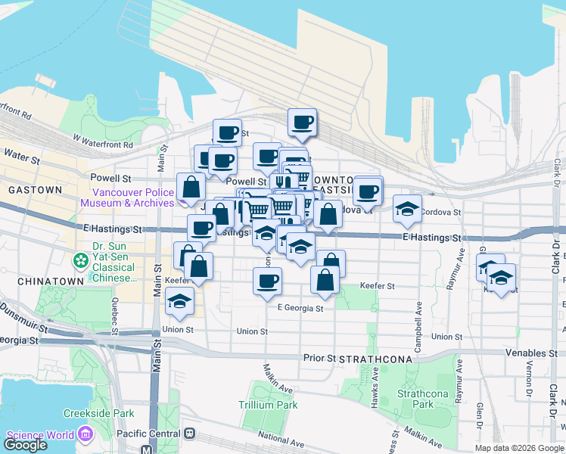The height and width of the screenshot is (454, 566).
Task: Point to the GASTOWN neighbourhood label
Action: (x=30, y=189)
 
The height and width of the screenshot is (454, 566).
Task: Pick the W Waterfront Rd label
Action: (x=103, y=141)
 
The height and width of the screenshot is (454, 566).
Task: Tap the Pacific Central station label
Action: (x=148, y=434)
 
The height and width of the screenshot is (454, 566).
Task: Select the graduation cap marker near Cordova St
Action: (x=407, y=209)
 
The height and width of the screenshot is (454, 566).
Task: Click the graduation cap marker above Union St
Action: (x=179, y=300)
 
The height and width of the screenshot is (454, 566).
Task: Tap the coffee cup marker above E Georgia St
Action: (x=266, y=281)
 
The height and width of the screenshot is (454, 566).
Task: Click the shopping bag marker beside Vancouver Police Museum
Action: (x=191, y=186)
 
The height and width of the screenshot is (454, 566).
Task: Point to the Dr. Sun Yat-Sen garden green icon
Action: (x=80, y=260)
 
